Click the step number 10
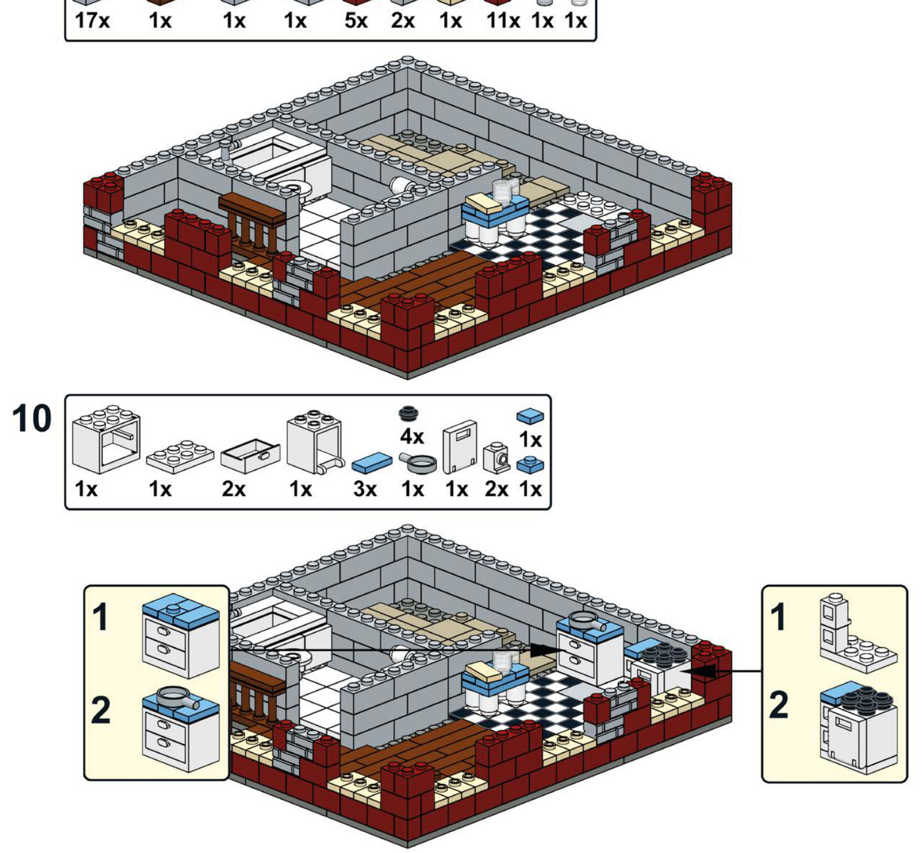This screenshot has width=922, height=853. [x=31, y=419]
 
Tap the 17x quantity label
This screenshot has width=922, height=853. [x=92, y=21]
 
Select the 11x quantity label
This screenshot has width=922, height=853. [x=503, y=21]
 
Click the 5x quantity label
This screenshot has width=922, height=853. [x=356, y=21]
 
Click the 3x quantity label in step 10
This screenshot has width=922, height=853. [x=365, y=489]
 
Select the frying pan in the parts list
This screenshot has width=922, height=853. [x=417, y=463]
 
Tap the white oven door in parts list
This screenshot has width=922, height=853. [x=460, y=446]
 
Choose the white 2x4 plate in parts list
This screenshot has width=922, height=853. [x=180, y=456]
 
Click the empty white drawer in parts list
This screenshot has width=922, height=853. [x=250, y=456]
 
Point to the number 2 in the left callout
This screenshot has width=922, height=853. [x=102, y=710]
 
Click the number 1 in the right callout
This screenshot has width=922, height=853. [x=779, y=617]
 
